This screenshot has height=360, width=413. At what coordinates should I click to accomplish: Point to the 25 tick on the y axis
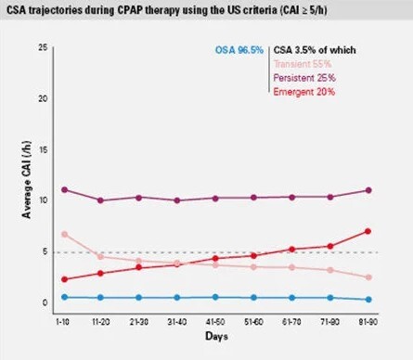pyautogui.click(x=43, y=47)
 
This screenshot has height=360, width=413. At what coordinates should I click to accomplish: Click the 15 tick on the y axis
pyautogui.click(x=43, y=149)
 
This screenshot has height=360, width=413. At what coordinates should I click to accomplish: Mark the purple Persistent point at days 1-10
pyautogui.click(x=64, y=189)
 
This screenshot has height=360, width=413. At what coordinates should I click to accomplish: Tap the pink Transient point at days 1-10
pyautogui.click(x=64, y=234)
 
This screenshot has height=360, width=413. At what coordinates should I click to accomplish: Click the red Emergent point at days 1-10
pyautogui.click(x=64, y=279)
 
